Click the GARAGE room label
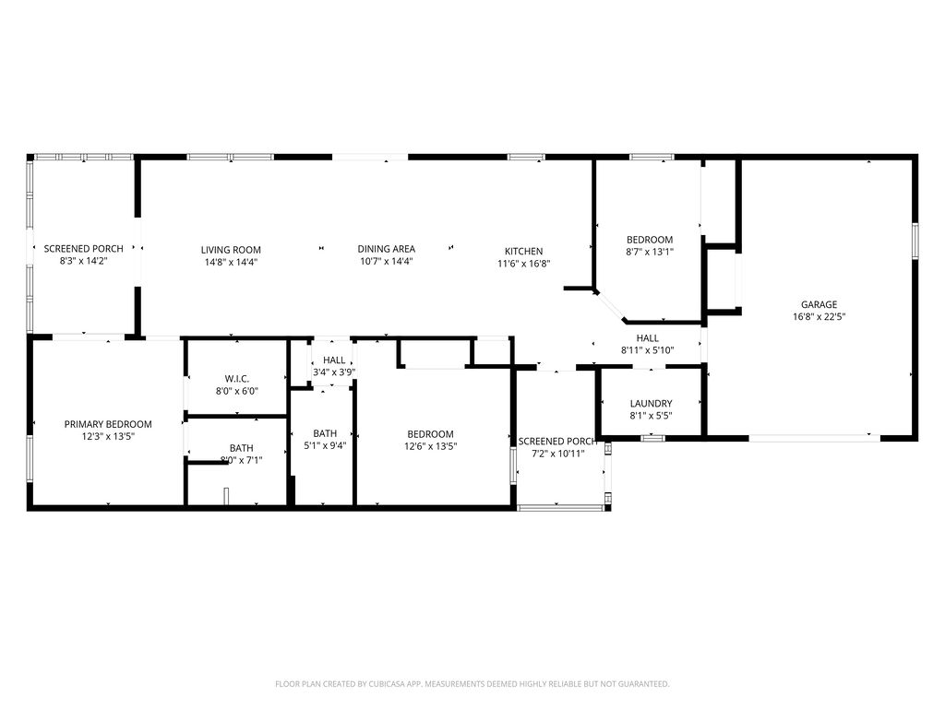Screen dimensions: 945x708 [819, 304]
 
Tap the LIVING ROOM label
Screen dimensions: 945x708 [231, 250]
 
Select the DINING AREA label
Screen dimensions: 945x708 [387, 249]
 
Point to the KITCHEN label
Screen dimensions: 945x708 [524, 251]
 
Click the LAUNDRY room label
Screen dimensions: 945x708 [651, 404]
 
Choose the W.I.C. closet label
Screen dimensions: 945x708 [237, 379]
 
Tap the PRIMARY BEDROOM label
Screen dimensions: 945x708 [108, 424]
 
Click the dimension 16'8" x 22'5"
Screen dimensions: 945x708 [819, 317]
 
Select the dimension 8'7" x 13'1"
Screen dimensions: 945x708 [650, 252]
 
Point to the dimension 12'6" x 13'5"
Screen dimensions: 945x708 [430, 446]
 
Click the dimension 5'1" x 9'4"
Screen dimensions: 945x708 [325, 445]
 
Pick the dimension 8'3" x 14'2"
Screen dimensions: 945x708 [83, 261]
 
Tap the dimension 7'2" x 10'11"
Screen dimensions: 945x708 [558, 454]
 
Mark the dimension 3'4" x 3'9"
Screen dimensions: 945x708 [334, 372]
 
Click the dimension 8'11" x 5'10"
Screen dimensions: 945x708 [647, 349]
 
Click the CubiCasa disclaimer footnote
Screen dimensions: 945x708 [472, 684]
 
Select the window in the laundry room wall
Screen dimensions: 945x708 [652, 438]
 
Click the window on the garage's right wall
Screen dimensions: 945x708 [915, 241]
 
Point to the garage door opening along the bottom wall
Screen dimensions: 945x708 [815, 438]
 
